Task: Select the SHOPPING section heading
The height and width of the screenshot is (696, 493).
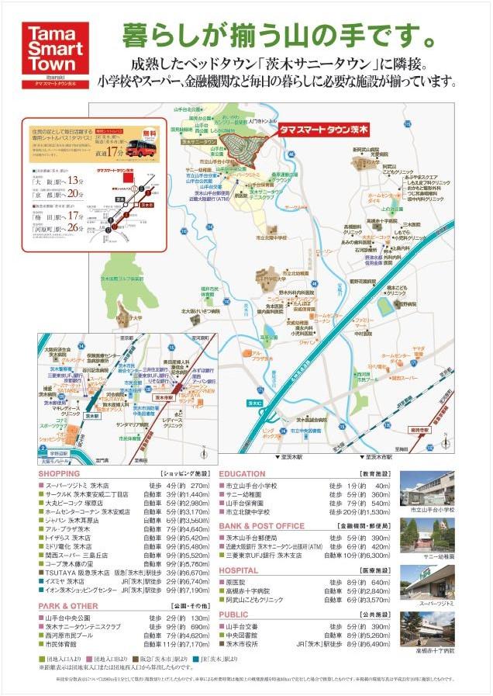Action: [59, 473]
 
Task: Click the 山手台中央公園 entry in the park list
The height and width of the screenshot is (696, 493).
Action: [71, 618]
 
